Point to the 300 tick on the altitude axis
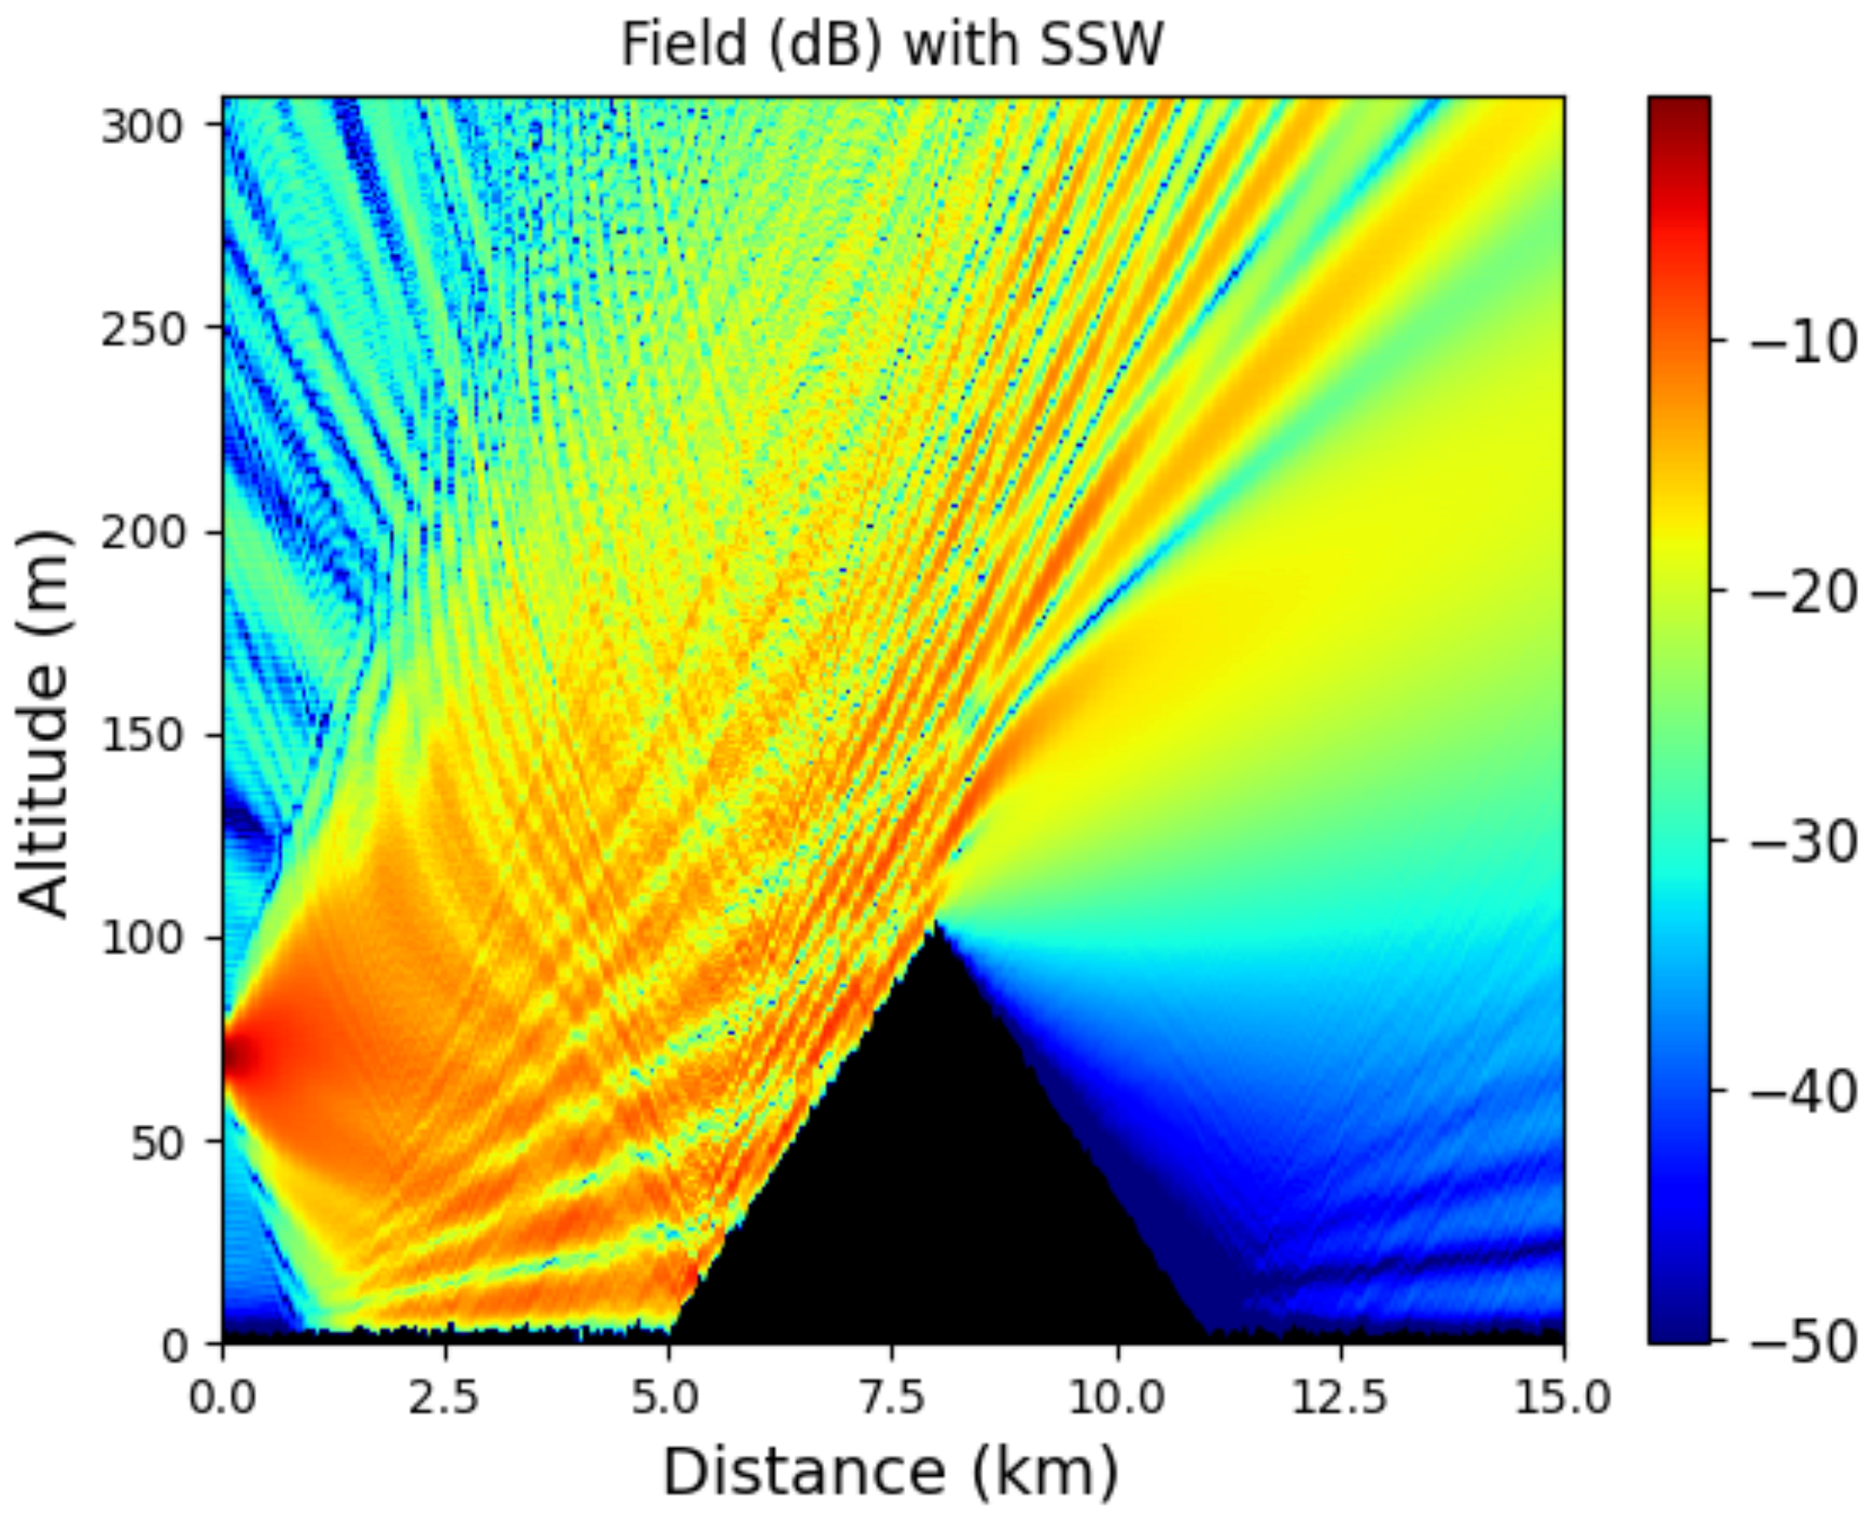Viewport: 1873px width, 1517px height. coord(140,127)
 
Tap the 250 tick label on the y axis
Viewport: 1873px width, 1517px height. coord(140,330)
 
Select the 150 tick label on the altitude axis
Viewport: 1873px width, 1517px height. coord(140,736)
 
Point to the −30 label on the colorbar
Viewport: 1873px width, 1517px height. coord(1803,842)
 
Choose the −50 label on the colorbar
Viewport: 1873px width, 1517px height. coord(1803,1342)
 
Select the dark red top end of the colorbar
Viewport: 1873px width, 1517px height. coord(1678,109)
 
